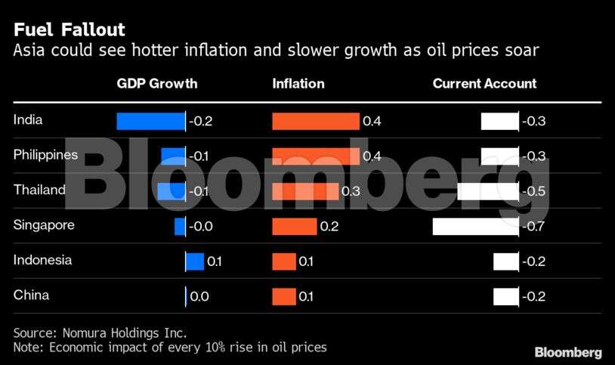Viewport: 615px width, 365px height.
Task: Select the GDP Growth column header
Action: [x=156, y=84]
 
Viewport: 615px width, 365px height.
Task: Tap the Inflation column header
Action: [x=298, y=84]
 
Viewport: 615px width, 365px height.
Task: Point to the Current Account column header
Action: [x=484, y=84]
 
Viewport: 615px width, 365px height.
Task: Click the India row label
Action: [x=28, y=119]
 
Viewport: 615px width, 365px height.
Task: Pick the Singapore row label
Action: [x=44, y=225]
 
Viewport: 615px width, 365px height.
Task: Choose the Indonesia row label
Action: [x=43, y=260]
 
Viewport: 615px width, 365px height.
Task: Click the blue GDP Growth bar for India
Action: [x=150, y=121]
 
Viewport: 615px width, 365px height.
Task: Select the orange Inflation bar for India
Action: [x=316, y=121]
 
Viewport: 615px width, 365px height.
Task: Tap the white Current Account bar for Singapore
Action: [x=475, y=226]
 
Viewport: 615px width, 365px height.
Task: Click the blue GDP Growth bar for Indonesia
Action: [x=195, y=261]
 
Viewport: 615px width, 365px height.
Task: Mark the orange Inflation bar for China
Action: [x=284, y=296]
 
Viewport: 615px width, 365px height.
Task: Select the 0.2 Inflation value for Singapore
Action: [x=329, y=226]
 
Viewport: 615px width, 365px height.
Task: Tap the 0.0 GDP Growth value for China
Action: [x=199, y=296]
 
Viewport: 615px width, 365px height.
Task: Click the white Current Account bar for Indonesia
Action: [x=505, y=261]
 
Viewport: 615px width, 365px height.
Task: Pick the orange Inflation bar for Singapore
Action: [x=295, y=226]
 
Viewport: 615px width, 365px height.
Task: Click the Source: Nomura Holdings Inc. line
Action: [x=100, y=333]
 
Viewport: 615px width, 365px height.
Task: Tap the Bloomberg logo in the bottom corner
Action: [x=568, y=352]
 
